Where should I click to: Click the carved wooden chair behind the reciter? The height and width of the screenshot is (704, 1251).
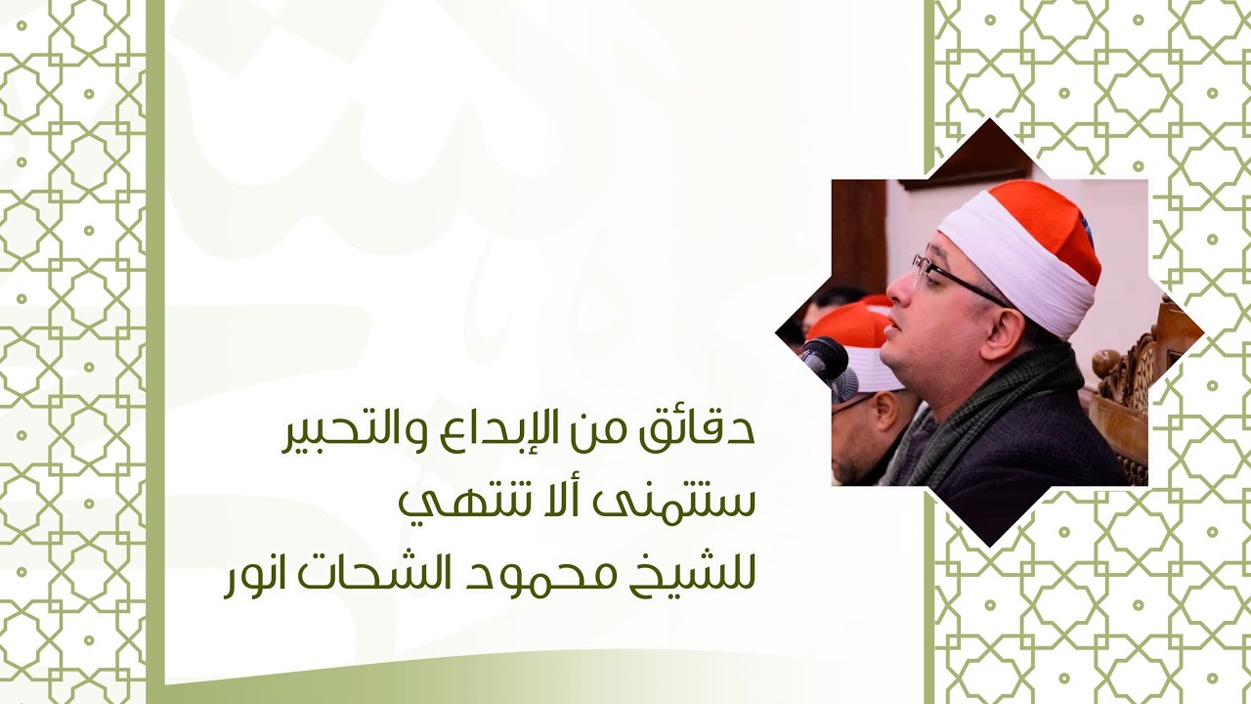click(1134, 391)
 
